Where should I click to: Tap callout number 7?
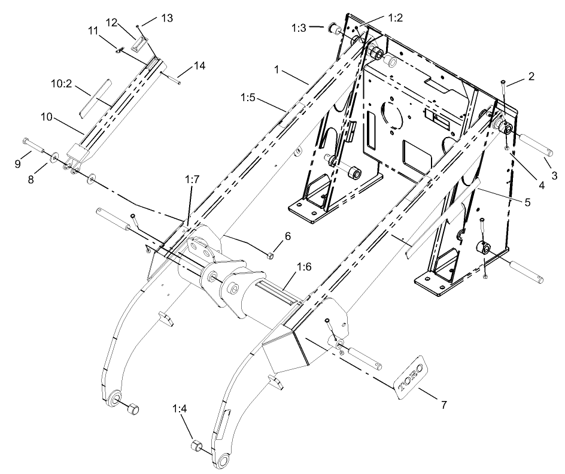coord(444,405)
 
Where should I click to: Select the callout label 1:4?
coord(180,410)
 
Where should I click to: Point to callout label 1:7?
coord(192,179)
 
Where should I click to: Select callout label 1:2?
coord(394,17)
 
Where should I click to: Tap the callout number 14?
coord(199,66)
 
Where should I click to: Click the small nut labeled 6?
coord(270,256)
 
